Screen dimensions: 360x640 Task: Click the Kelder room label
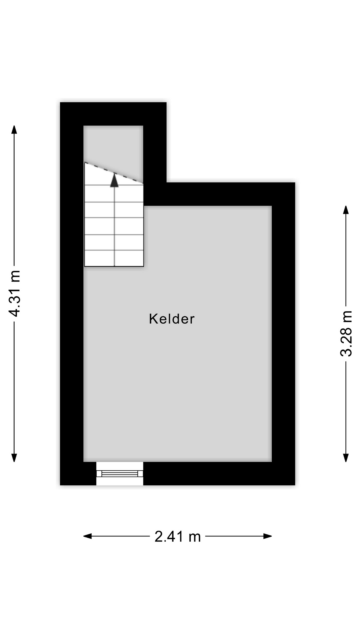coord(172,319)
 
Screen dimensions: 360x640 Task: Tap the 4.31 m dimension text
coord(15,293)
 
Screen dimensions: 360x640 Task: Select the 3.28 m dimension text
coord(346,333)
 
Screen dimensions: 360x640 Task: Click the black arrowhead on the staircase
coord(114,180)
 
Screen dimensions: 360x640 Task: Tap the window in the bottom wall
coord(120,473)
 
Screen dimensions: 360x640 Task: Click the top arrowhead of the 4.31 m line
coord(14,129)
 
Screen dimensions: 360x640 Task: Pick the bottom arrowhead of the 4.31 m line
coord(14,458)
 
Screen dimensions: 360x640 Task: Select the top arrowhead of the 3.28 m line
coord(346,210)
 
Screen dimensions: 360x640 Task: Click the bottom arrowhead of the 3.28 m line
coord(346,458)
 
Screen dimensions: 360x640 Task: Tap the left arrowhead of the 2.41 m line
coord(87,536)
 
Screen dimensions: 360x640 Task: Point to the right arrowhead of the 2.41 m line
coord(268,536)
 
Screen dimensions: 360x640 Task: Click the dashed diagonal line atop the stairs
coord(114,173)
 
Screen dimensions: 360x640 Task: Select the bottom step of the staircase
coord(114,258)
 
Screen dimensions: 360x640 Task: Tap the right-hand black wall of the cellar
coord(283,333)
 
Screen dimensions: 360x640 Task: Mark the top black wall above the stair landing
coord(113,114)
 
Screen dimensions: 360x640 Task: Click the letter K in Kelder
coord(153,319)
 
